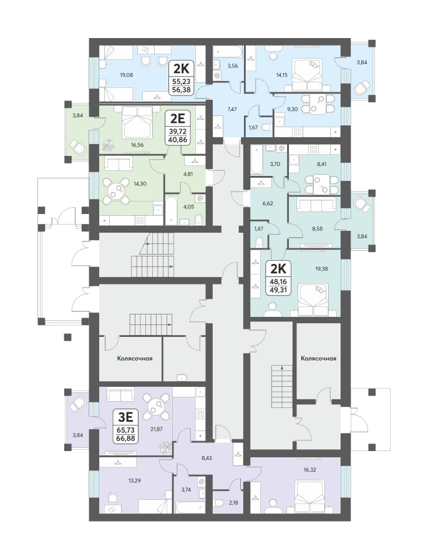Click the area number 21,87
point(156,429)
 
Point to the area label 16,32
point(309,470)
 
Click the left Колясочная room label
point(135,358)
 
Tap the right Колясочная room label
point(318,358)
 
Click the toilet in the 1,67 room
point(265,127)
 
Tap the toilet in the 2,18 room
point(218,503)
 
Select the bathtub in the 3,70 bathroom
point(255,160)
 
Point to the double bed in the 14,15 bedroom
point(307,75)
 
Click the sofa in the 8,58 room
point(317,205)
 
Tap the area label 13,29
point(134,480)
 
